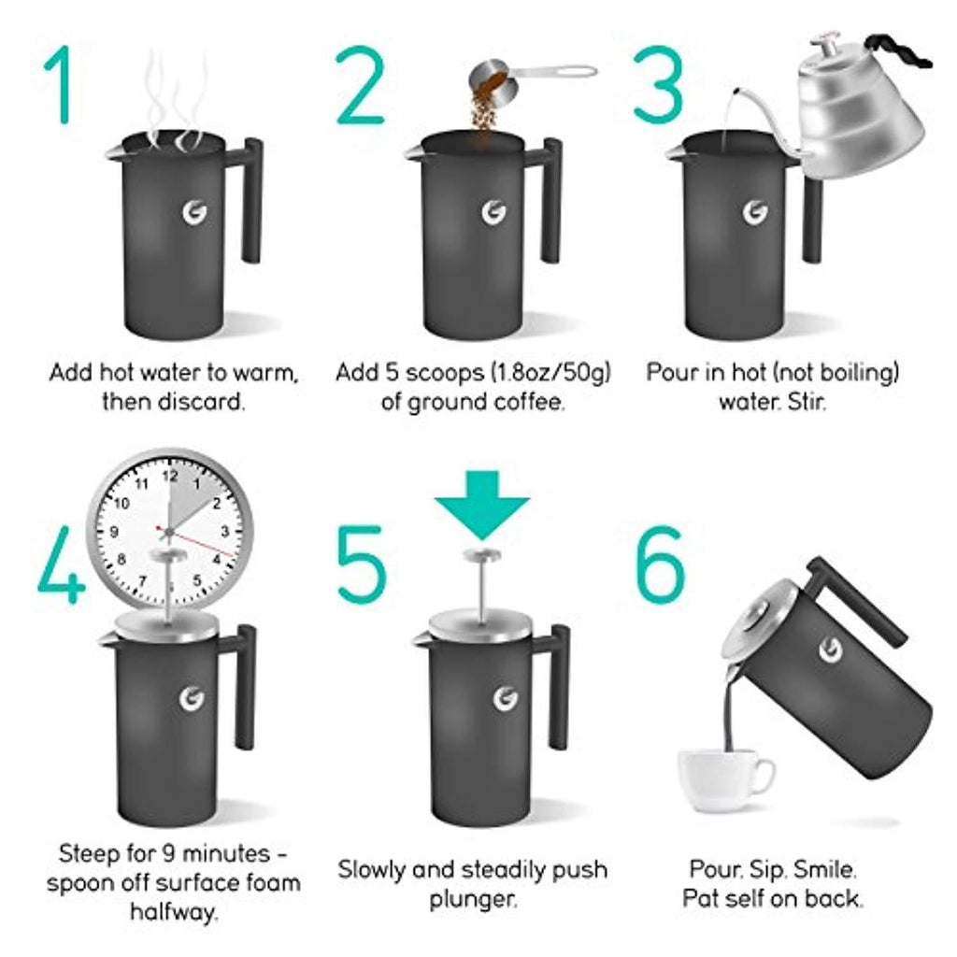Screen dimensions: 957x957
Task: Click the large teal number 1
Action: (x=61, y=84)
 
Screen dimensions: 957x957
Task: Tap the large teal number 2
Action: (x=360, y=84)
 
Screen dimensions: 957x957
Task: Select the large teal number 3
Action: (x=658, y=84)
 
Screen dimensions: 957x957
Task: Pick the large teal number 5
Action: (x=362, y=564)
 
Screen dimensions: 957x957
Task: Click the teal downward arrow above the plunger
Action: (x=482, y=504)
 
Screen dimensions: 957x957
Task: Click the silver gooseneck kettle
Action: (x=854, y=110)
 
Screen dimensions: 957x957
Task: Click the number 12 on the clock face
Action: (x=170, y=476)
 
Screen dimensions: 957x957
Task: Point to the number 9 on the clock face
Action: (x=114, y=532)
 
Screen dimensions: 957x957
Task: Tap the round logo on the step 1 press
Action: (x=195, y=212)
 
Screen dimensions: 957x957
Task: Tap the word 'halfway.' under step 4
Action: (x=174, y=913)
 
